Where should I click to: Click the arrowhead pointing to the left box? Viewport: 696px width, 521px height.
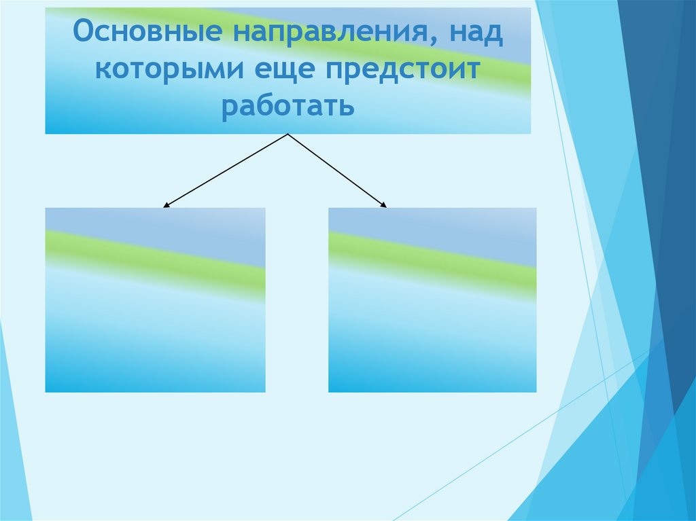pyautogui.click(x=166, y=204)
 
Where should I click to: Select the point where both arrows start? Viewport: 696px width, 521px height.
pyautogui.click(x=289, y=134)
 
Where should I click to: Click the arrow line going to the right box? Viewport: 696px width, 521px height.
pyautogui.click(x=336, y=170)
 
